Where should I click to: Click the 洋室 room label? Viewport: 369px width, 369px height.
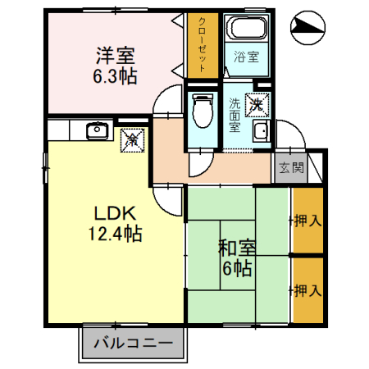click(114, 56)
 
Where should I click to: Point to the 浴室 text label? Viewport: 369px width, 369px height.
click(245, 57)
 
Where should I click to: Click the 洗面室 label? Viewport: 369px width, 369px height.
click(235, 115)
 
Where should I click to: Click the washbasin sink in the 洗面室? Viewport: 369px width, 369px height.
click(260, 132)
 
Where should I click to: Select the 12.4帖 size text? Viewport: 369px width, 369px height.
click(115, 235)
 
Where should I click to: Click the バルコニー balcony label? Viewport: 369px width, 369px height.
click(132, 342)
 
